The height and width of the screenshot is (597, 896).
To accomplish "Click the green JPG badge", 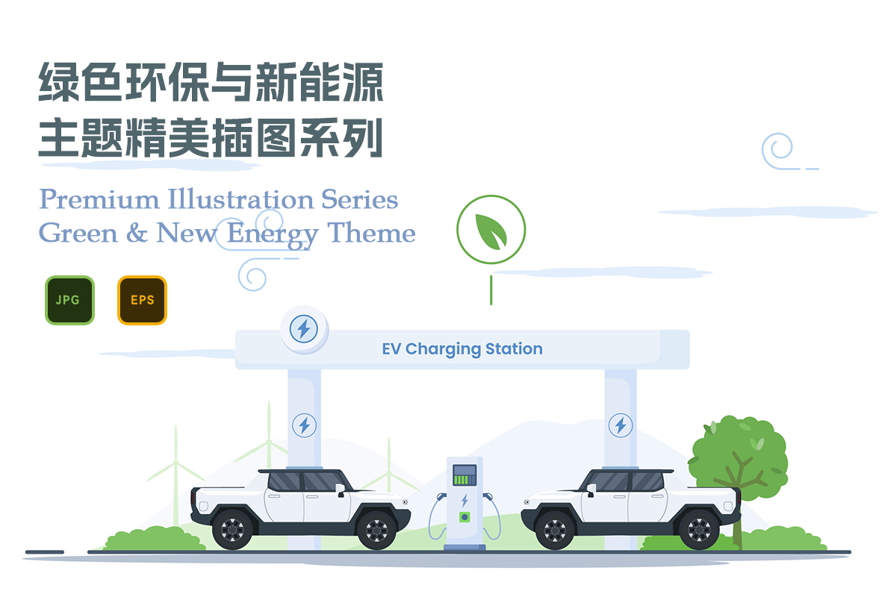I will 69,300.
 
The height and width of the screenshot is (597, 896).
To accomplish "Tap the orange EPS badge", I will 142,300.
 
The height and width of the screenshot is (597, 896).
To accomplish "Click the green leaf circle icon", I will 491,230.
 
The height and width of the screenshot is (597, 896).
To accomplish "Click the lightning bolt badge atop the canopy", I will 303,329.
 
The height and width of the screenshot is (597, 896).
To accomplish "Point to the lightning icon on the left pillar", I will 303,425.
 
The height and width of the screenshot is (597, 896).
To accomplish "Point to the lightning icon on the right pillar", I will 620,425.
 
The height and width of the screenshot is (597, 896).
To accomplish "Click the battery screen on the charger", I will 464,475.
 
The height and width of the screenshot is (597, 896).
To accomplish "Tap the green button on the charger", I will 464,516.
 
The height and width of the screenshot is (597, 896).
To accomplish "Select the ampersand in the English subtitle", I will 137,234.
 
